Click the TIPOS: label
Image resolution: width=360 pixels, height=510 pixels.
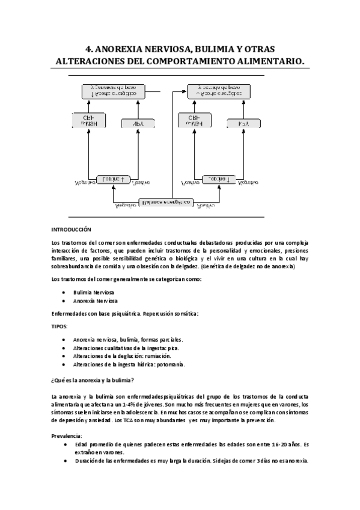[59, 326]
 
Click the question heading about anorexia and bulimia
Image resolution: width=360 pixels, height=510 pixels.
[93, 379]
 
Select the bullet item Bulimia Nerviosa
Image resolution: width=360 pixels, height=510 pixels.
[95, 292]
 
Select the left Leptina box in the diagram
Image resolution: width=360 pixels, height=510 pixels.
[114, 179]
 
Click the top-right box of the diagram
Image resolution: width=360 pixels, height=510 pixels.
[218, 91]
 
